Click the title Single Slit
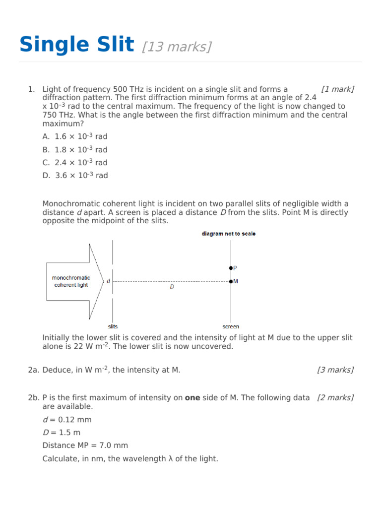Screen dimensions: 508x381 click(77, 45)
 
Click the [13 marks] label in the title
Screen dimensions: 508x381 click(177, 47)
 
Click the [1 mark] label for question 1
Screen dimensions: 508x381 click(337, 89)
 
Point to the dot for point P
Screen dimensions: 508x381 click(231, 268)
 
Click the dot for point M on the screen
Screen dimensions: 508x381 click(231, 281)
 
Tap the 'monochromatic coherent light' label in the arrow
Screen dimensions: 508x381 click(70, 281)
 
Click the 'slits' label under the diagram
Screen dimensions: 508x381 click(113, 326)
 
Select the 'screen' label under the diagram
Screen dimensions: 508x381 click(231, 326)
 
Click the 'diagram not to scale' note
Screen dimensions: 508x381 click(229, 234)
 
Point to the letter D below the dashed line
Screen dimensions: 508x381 click(172, 287)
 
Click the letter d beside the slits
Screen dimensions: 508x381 click(108, 281)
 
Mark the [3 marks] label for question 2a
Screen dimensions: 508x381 click(335, 370)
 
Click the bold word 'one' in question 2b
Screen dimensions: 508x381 click(192, 398)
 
